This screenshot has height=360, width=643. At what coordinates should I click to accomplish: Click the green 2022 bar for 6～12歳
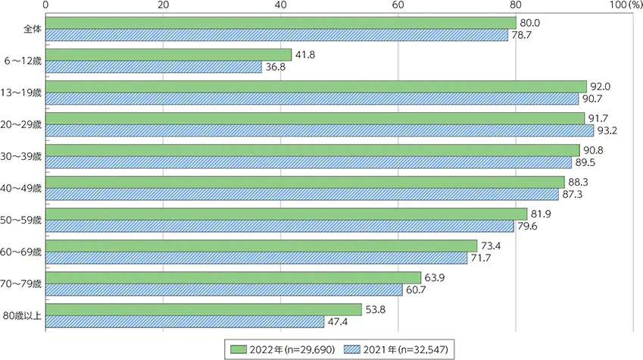pos(169,55)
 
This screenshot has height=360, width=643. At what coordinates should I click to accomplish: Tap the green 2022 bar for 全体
pos(281,23)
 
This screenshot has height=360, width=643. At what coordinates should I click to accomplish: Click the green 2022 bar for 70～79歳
pos(233,277)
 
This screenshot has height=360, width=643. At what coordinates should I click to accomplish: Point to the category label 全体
pos(33,29)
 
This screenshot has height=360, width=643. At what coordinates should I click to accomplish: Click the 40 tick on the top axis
pos(281,5)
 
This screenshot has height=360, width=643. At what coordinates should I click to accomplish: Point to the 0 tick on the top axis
pos(47,5)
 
